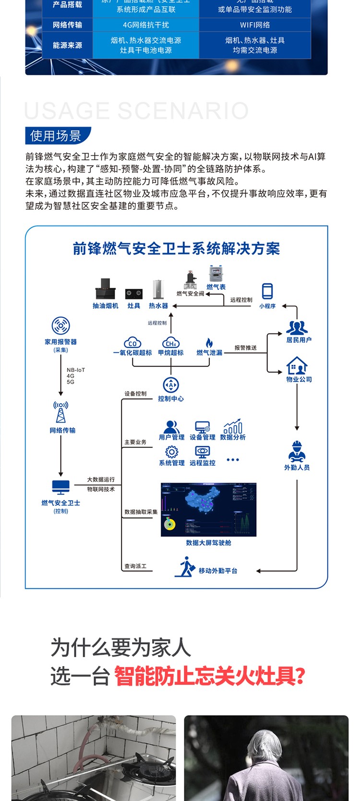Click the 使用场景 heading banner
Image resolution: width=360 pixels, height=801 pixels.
pyautogui.click(x=57, y=136)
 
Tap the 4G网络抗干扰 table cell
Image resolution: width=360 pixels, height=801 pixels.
pyautogui.click(x=146, y=25)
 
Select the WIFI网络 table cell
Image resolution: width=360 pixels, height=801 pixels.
pyautogui.click(x=255, y=25)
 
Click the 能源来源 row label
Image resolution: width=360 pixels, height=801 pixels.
pyautogui.click(x=67, y=45)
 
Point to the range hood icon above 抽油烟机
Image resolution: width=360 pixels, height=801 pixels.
pyautogui.click(x=105, y=289)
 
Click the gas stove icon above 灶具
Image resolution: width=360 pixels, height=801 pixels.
pyautogui.click(x=133, y=293)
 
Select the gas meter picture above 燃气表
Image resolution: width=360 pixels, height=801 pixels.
pyautogui.click(x=216, y=275)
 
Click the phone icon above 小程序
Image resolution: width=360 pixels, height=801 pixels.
pyautogui.click(x=267, y=291)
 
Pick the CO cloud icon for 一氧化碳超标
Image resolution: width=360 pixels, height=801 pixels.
pyautogui.click(x=132, y=343)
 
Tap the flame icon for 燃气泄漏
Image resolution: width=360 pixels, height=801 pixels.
pyautogui.click(x=209, y=343)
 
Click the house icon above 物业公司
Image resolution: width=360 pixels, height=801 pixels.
pyautogui.click(x=297, y=366)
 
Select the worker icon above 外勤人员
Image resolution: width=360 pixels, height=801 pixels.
pyautogui.click(x=297, y=451)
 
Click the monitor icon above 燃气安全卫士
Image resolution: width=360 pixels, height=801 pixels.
pyautogui.click(x=61, y=488)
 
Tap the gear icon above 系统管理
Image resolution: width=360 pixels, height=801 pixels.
pyautogui.click(x=171, y=452)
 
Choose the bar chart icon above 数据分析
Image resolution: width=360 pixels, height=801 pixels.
pyautogui.click(x=233, y=426)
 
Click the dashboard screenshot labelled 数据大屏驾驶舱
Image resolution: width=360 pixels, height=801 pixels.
pyautogui.click(x=208, y=509)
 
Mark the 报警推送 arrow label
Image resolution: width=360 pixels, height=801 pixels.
pyautogui.click(x=245, y=347)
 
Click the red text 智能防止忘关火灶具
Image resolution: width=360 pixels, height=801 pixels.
pyautogui.click(x=209, y=677)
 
